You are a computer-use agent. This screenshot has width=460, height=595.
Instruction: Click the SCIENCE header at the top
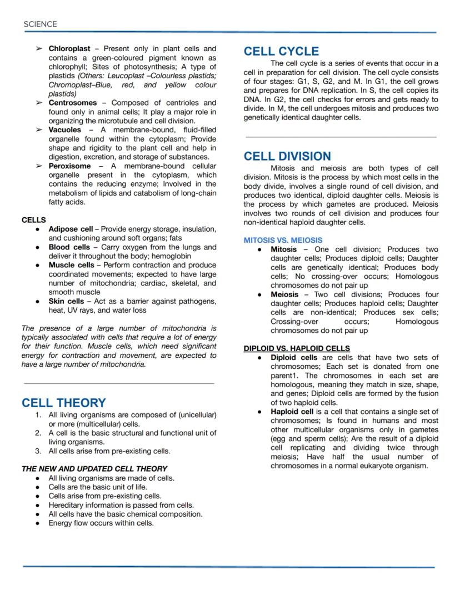click(x=40, y=24)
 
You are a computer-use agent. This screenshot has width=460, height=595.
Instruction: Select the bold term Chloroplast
click(x=69, y=49)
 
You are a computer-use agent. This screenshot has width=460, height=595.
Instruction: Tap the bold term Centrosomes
click(x=72, y=103)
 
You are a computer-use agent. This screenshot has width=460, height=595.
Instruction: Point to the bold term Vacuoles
click(x=64, y=129)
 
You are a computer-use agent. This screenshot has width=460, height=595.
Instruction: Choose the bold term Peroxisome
click(x=69, y=166)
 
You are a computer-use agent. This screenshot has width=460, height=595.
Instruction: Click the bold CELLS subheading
click(x=33, y=220)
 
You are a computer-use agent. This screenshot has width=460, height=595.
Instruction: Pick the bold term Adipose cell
click(x=71, y=229)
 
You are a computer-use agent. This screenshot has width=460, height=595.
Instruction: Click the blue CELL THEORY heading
click(x=63, y=403)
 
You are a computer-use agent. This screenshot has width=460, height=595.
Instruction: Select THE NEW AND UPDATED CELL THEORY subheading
click(x=94, y=468)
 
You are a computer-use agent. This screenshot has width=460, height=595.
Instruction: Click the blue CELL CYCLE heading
click(x=281, y=51)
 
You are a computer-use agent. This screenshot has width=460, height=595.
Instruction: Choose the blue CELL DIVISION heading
click(x=287, y=156)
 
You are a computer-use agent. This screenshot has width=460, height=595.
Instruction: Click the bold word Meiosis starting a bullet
click(x=284, y=294)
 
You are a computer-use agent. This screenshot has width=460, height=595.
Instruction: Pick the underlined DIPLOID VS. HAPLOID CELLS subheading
click(x=297, y=348)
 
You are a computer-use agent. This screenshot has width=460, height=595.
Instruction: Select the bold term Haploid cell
click(x=292, y=412)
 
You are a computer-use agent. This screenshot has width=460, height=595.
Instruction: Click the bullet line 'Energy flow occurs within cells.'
click(x=101, y=523)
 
